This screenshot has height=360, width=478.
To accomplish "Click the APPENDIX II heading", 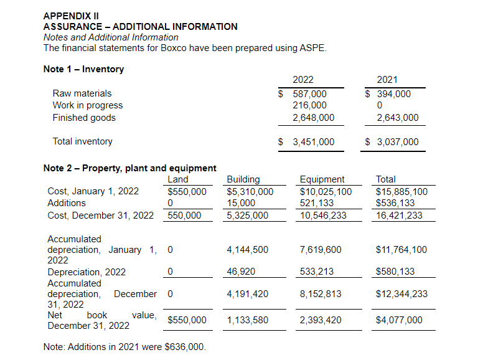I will [x=71, y=16].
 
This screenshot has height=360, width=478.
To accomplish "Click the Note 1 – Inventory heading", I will [x=83, y=69].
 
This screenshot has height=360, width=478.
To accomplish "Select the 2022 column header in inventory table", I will [x=303, y=80].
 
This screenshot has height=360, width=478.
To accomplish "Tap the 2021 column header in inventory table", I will [x=387, y=80].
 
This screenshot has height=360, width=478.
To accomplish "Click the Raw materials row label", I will [x=82, y=93].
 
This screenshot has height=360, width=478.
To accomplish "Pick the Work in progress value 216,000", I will [x=309, y=105].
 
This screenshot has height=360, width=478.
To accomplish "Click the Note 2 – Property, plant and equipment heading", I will [x=129, y=168].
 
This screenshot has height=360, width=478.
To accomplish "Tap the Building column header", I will [x=243, y=179].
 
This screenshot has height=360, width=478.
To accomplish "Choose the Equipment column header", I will [x=322, y=179].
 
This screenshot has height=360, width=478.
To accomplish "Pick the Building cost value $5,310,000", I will [x=250, y=191].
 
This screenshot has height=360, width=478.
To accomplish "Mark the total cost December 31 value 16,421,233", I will [x=399, y=215].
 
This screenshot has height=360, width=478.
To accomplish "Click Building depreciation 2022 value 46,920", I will [x=241, y=272].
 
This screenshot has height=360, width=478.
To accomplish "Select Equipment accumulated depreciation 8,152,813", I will [x=321, y=293].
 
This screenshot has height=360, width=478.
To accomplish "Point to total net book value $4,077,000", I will [x=399, y=320].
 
